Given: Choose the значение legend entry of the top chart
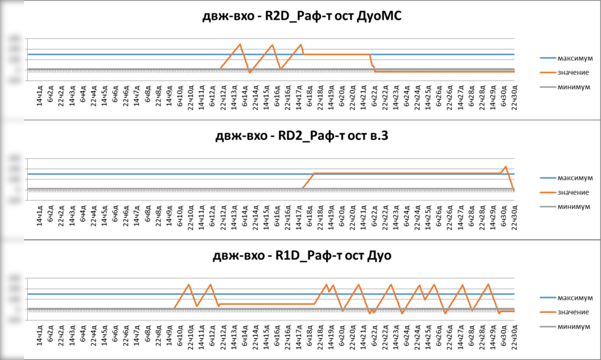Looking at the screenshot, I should pos(575,73).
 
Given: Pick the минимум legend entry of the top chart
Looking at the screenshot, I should pos(575,87).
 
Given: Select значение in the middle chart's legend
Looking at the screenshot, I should pos(575,192).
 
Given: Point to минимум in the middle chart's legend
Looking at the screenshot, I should pos(575,206).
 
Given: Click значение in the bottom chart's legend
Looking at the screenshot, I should pos(575,312).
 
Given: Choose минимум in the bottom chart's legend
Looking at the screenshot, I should pos(575,326).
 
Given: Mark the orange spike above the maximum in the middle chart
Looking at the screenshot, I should pos(505,166).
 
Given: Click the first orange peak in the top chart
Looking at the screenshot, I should pos(240,44).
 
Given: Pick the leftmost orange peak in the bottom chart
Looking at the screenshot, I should pos(189,285).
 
